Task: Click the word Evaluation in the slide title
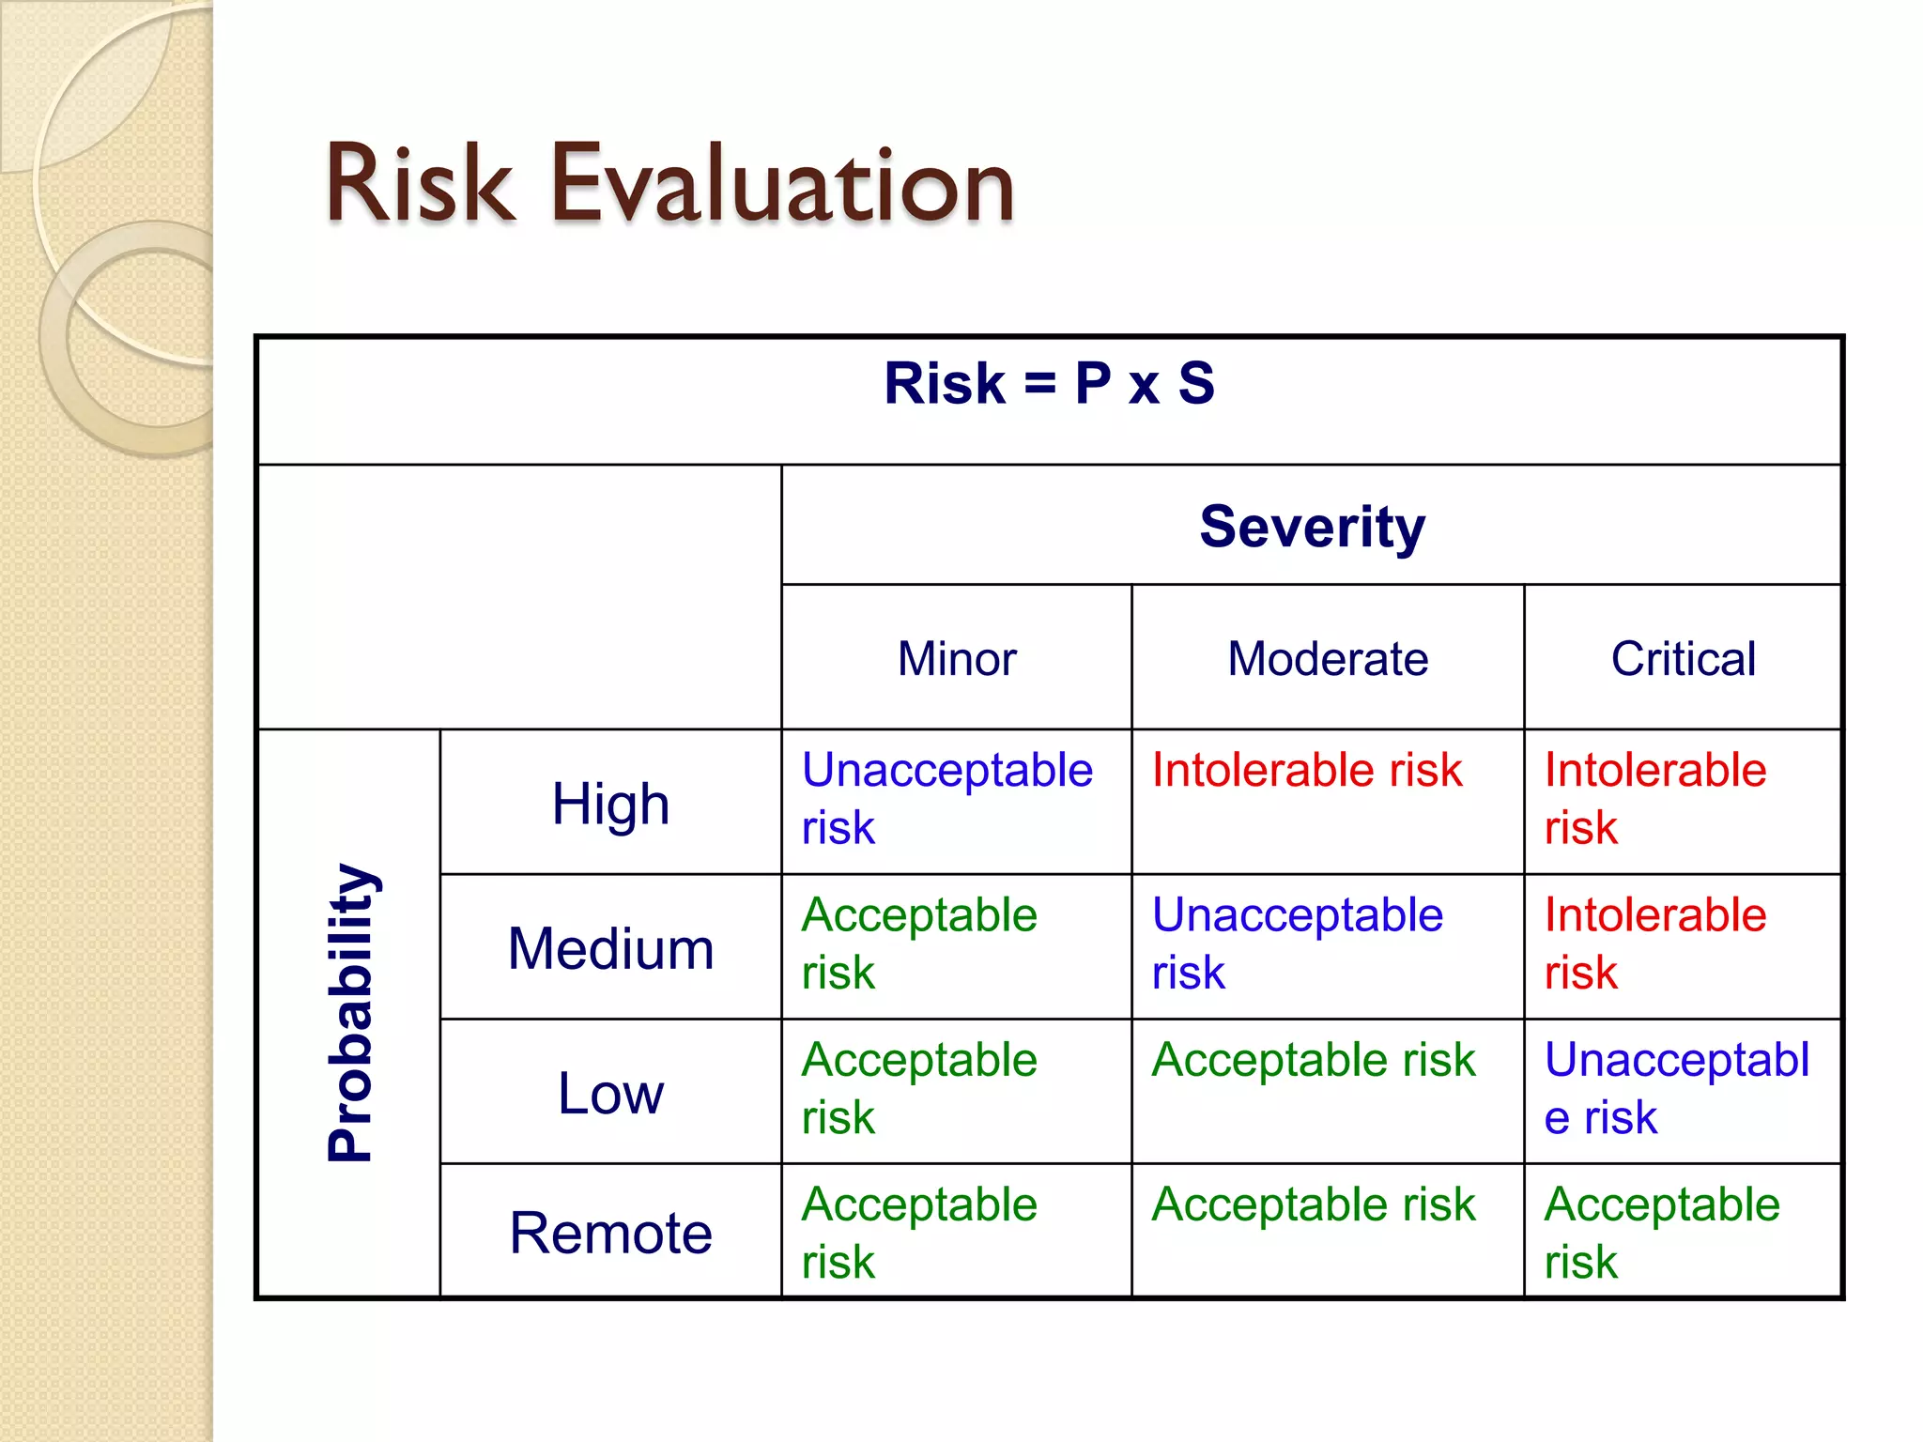781,185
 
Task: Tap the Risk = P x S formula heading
1049,384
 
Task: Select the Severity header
1312,527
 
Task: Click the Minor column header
956,659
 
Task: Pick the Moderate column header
1327,659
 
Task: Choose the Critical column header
1683,659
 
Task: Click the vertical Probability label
351,1012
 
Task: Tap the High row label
610,805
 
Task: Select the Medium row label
610,948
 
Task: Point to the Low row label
610,1094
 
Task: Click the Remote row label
610,1233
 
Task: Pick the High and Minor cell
946,799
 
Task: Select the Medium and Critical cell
1654,943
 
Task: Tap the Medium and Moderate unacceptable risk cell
1297,943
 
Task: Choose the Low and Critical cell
1676,1088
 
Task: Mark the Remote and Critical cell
1661,1233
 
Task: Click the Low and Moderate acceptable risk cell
1313,1061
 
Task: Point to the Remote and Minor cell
918,1233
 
